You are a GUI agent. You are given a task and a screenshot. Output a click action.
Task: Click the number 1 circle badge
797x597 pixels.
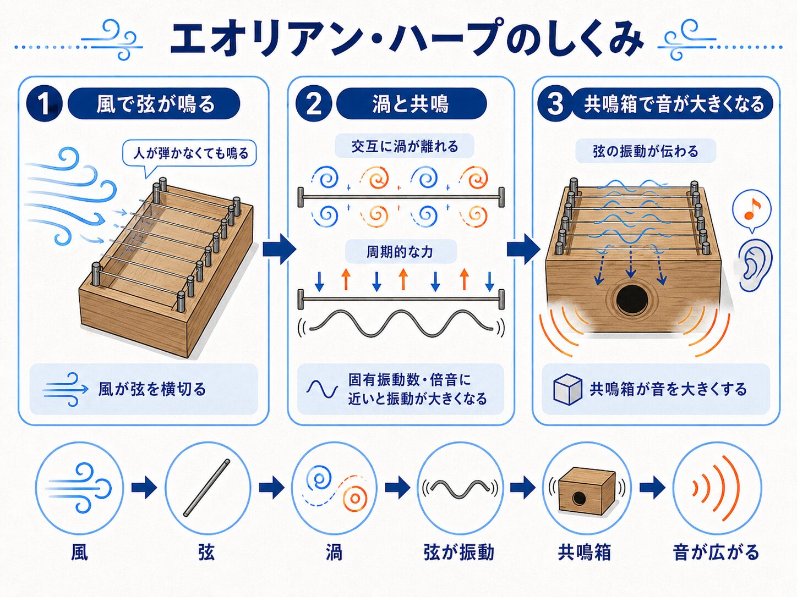click(44, 104)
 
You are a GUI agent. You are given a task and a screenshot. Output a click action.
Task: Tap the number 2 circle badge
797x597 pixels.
click(313, 104)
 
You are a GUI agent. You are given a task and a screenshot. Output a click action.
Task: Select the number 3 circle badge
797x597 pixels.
click(555, 104)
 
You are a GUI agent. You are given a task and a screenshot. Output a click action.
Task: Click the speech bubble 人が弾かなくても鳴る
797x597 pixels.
click(189, 154)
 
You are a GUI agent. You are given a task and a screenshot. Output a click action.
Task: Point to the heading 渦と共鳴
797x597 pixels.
click(411, 104)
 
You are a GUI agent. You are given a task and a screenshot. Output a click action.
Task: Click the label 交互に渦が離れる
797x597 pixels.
click(405, 146)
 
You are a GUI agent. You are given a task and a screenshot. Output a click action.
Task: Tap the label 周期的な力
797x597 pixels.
click(400, 251)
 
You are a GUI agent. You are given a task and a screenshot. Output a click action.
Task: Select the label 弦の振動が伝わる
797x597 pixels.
click(646, 151)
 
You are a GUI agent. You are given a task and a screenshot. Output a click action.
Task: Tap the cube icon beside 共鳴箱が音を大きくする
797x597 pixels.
click(567, 389)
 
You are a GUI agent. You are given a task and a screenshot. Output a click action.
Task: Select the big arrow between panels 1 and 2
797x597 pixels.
click(279, 248)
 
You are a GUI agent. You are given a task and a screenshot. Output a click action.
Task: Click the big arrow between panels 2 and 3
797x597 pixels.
click(523, 248)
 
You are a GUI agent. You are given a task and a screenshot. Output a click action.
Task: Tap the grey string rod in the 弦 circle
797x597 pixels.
click(207, 488)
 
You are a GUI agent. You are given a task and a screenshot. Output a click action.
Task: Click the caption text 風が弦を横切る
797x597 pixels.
click(152, 389)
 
